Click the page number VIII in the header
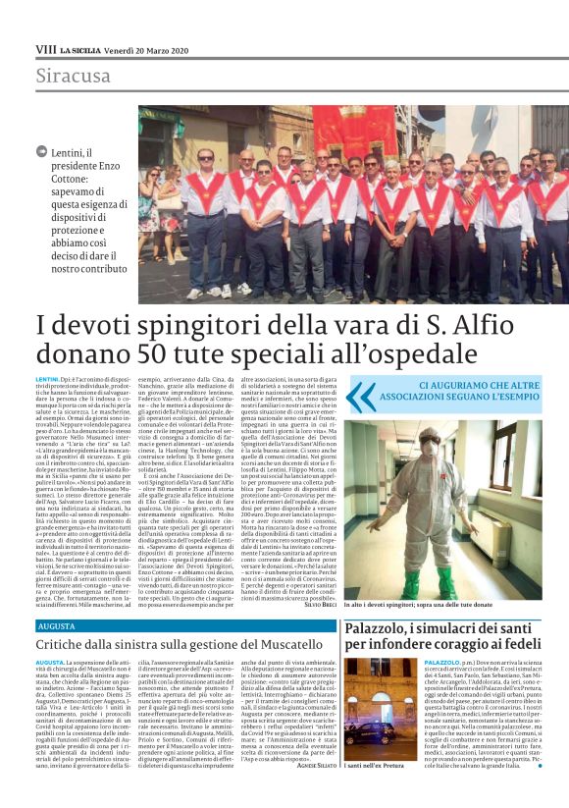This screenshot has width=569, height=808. click(45, 48)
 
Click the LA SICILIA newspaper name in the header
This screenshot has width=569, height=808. click(78, 48)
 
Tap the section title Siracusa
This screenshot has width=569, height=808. click(74, 76)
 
